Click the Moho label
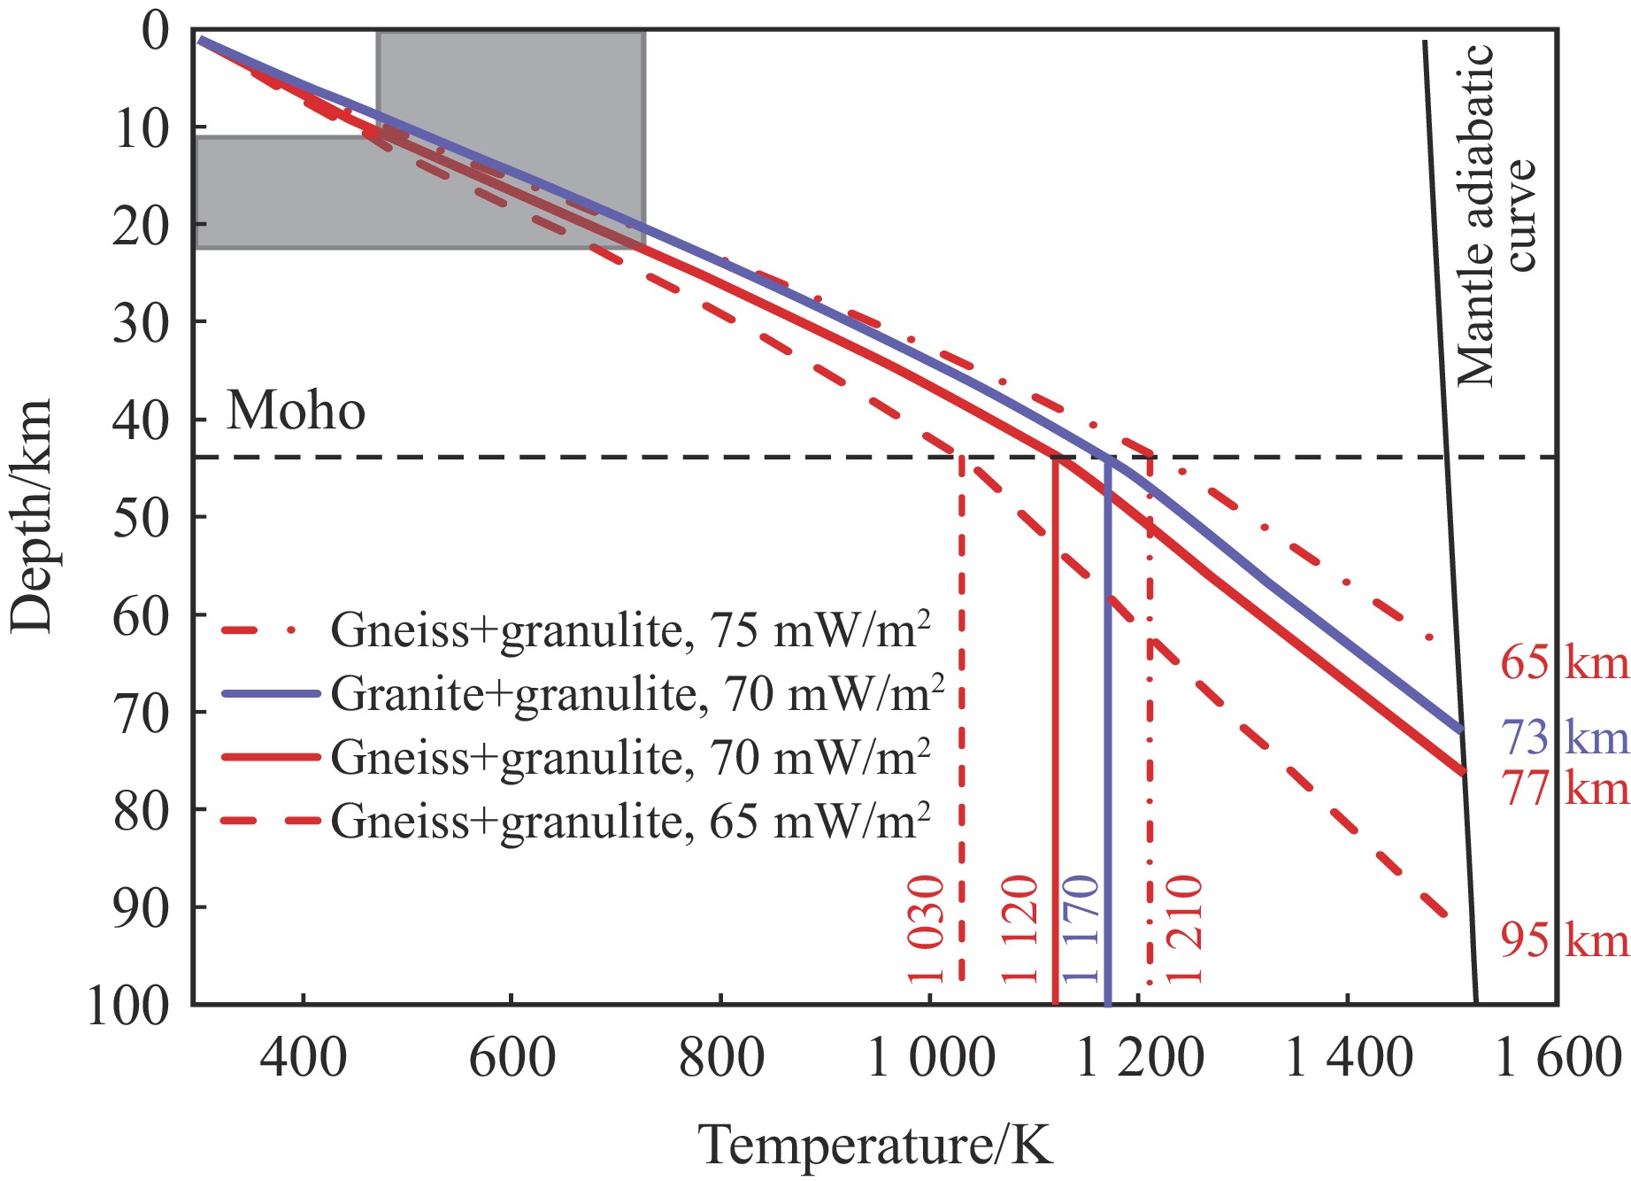tap(296, 411)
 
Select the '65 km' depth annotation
tap(1564, 663)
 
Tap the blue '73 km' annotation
tap(1564, 737)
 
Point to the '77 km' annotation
tap(1564, 788)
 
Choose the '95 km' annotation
tap(1564, 940)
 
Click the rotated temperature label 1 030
tap(927, 930)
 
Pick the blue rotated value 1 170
tap(1081, 930)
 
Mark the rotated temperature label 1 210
tap(1184, 930)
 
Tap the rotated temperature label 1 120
tap(1019, 930)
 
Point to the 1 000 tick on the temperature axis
tap(931, 1058)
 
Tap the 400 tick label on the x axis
tap(303, 1058)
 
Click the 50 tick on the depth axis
tap(141, 518)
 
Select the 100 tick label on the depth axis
tap(128, 1006)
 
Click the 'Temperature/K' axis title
tap(876, 1145)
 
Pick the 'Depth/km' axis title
tap(32, 515)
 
